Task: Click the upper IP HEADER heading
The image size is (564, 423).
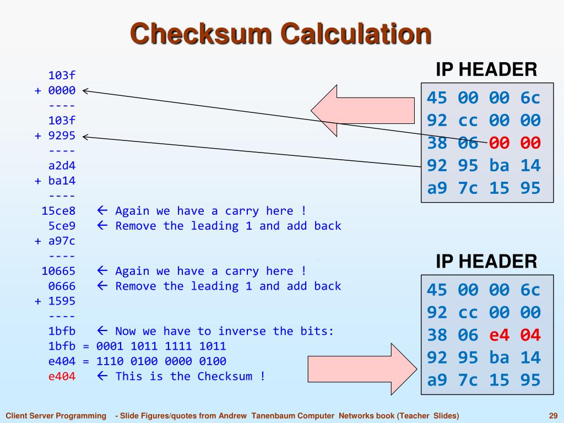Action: pos(486,70)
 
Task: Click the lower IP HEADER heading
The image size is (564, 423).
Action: pos(486,261)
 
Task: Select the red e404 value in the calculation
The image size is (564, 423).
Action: pos(62,376)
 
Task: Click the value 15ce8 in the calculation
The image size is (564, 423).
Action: pos(58,210)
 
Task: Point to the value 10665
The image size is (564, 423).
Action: pos(58,270)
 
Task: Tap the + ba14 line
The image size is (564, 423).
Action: pos(55,180)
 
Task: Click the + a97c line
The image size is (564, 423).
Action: pos(55,241)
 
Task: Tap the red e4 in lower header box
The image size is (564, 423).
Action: pos(500,335)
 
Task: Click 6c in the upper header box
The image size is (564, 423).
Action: pos(530,98)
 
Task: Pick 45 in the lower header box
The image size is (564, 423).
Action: pos(437,290)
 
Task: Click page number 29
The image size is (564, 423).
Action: pos(554,415)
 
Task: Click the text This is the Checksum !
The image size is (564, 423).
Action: pos(190,376)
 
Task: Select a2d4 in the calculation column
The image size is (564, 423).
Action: pos(62,165)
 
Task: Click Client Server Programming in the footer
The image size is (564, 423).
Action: pos(56,415)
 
